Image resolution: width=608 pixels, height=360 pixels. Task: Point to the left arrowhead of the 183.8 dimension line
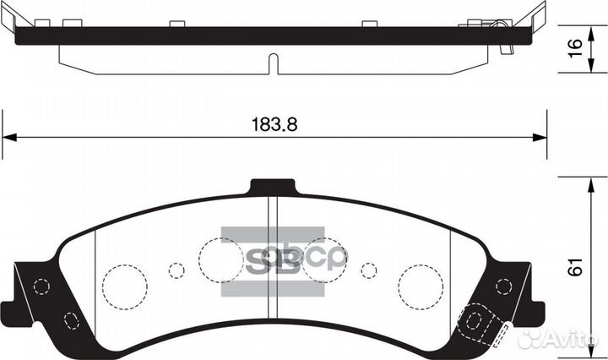10,137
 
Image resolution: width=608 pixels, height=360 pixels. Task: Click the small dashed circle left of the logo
176,270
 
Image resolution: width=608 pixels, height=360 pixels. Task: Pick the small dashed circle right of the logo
368,270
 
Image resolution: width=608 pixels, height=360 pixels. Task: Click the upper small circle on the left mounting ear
39,286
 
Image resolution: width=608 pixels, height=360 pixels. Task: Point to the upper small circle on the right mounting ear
504,286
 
